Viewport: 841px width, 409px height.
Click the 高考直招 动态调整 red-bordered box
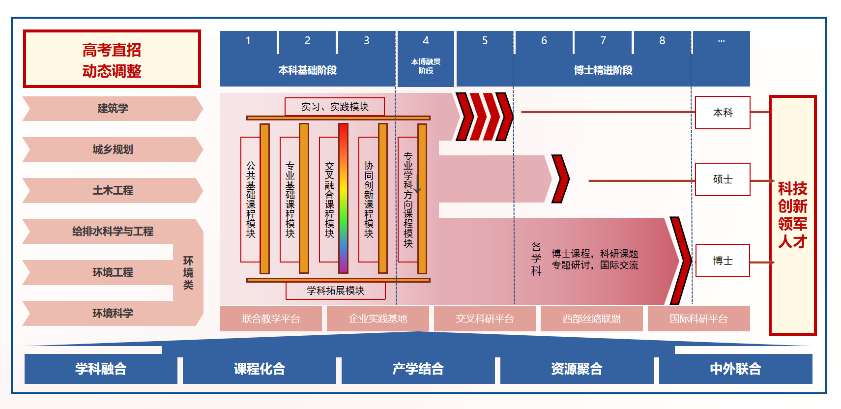click(112, 59)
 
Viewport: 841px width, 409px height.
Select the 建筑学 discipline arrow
click(113, 109)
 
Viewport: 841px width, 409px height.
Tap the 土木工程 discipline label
click(113, 190)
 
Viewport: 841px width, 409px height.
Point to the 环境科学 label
click(113, 313)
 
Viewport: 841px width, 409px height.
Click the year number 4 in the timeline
click(426, 41)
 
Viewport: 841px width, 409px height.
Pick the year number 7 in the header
click(603, 41)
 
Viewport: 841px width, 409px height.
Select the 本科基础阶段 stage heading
click(308, 70)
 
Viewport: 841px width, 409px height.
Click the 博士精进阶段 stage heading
click(603, 70)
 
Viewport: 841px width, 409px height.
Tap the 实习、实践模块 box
click(335, 107)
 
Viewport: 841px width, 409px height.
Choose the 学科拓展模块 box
click(336, 291)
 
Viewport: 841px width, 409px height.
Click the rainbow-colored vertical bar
click(343, 198)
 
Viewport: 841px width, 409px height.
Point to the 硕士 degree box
click(723, 179)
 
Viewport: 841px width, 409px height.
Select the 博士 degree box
click(723, 261)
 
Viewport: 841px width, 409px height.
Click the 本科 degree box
click(723, 113)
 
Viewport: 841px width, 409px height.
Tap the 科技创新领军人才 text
click(792, 215)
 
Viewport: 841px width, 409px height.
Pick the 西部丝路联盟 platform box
click(592, 319)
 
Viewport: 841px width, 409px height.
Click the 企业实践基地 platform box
click(378, 319)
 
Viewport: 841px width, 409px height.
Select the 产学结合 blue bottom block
click(418, 369)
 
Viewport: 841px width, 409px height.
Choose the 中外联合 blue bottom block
click(735, 369)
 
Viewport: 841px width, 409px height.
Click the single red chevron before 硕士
click(560, 179)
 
